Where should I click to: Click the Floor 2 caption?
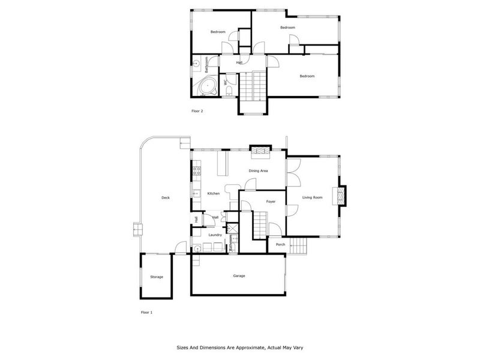pyautogui.click(x=197, y=112)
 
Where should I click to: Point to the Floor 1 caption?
pyautogui.click(x=147, y=313)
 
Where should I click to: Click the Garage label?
pyautogui.click(x=239, y=275)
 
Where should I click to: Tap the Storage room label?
pyautogui.click(x=157, y=277)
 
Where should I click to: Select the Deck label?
pyautogui.click(x=165, y=197)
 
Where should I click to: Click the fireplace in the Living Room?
pyautogui.click(x=342, y=195)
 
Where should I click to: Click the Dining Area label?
pyautogui.click(x=258, y=171)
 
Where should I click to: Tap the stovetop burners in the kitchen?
pyautogui.click(x=196, y=173)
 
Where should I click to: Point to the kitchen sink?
pyautogui.click(x=196, y=193)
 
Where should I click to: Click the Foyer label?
pyautogui.click(x=271, y=201)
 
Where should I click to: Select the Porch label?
pyautogui.click(x=280, y=244)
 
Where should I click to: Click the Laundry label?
pyautogui.click(x=215, y=235)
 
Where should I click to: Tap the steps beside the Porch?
pyautogui.click(x=298, y=246)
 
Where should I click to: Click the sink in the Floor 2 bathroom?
pyautogui.click(x=196, y=64)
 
